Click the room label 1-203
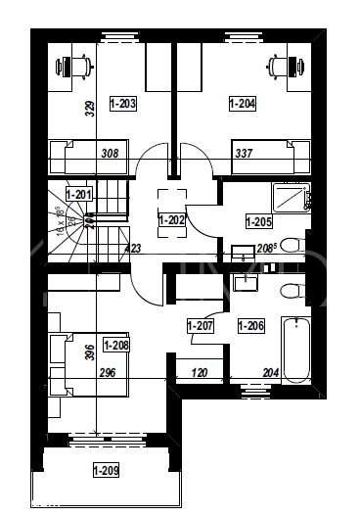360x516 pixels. point(122,103)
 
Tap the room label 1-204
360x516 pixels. point(243,103)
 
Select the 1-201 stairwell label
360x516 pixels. point(78,193)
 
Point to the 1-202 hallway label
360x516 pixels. point(171,220)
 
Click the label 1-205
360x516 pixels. point(259,222)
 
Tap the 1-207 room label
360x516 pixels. point(201,324)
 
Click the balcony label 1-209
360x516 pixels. point(106,472)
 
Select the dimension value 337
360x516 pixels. point(243,153)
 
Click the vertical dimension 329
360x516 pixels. point(90,108)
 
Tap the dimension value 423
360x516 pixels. point(133,249)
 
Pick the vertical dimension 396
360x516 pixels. point(90,352)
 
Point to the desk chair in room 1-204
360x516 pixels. point(280,67)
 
